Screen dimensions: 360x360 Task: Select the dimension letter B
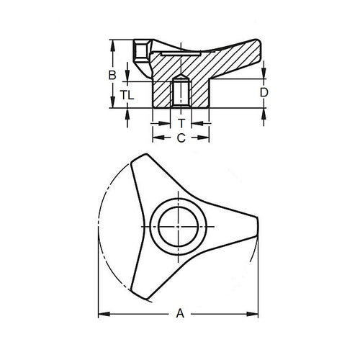[x=112, y=75]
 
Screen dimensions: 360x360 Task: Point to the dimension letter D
[x=264, y=93]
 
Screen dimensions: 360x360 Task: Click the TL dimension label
[x=127, y=94]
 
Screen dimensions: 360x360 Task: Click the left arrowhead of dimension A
[x=100, y=313]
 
